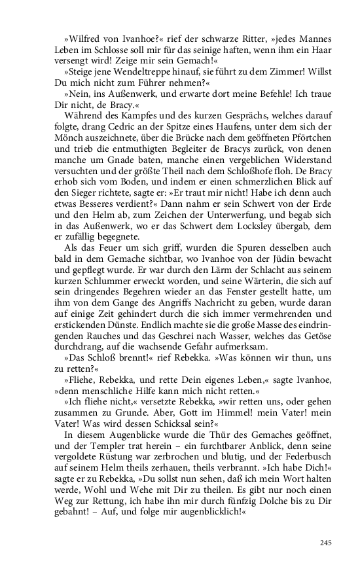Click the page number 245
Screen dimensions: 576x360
tap(327, 542)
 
